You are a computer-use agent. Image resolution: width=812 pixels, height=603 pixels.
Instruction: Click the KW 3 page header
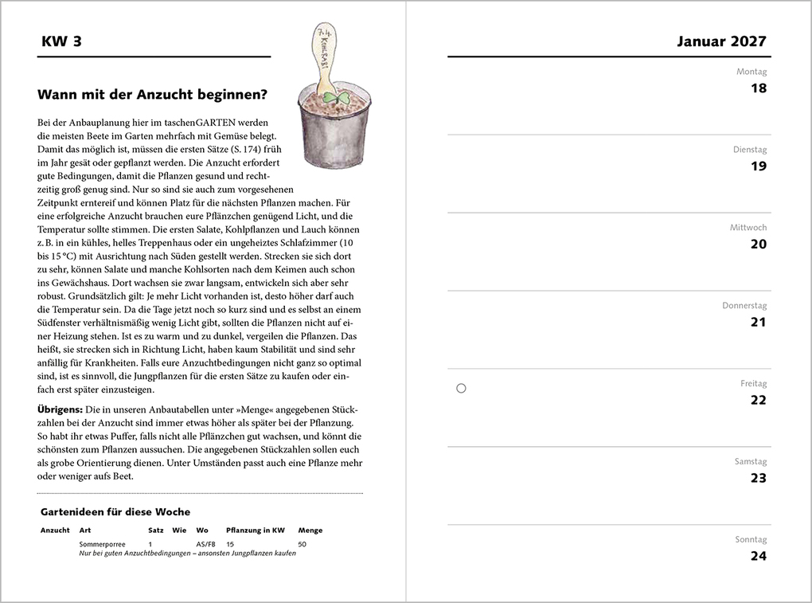(x=61, y=41)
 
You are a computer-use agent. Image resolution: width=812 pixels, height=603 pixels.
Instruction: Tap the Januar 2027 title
(x=721, y=41)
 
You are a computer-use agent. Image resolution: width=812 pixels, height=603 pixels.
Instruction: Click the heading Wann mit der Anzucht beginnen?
(x=152, y=95)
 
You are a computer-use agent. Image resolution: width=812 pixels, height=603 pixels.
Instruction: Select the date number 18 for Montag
(x=759, y=88)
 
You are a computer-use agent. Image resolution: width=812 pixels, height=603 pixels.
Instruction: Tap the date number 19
(x=759, y=166)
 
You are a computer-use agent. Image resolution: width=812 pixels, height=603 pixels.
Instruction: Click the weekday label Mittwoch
(x=748, y=228)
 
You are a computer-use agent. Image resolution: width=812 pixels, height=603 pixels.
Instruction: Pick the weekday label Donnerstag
(x=744, y=305)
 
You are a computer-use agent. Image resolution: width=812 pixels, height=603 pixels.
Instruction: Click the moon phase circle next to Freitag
(x=461, y=389)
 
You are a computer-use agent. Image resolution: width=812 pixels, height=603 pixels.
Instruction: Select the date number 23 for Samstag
(x=759, y=478)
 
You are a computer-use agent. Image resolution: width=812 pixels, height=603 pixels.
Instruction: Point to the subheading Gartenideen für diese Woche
(x=115, y=512)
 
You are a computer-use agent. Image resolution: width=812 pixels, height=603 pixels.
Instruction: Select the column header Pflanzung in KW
(x=255, y=531)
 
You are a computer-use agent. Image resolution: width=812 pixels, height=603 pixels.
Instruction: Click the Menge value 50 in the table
(x=302, y=543)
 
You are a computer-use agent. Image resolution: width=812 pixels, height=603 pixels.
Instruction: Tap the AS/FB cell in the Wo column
(x=205, y=543)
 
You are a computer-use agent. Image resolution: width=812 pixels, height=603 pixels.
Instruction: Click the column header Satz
(x=156, y=531)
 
